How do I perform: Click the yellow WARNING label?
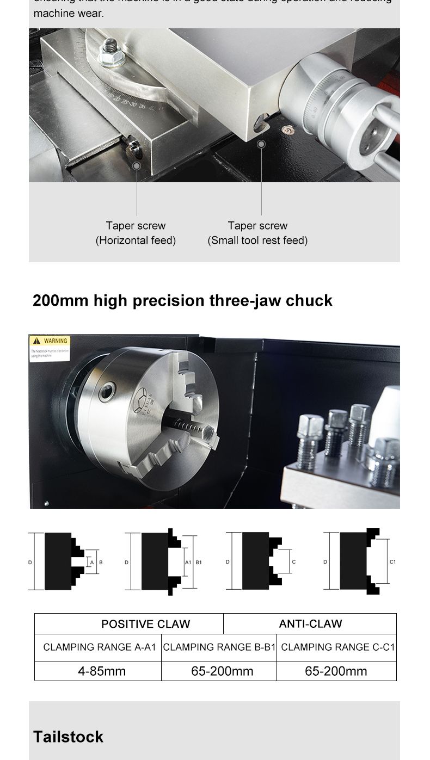[50, 341]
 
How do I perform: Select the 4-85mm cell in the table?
[101, 671]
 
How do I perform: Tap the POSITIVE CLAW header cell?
[145, 624]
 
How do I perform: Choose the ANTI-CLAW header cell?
[310, 624]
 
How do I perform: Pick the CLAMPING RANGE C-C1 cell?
[337, 647]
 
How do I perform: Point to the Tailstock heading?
[68, 737]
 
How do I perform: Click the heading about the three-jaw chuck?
[182, 300]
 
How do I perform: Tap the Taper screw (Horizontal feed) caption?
[136, 233]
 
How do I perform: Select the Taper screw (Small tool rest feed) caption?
[257, 233]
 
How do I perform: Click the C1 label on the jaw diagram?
[392, 562]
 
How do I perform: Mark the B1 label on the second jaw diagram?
[199, 562]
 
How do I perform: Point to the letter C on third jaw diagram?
[294, 562]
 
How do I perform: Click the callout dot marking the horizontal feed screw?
[137, 165]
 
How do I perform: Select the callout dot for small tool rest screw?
[261, 144]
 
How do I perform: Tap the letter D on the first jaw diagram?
[30, 562]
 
